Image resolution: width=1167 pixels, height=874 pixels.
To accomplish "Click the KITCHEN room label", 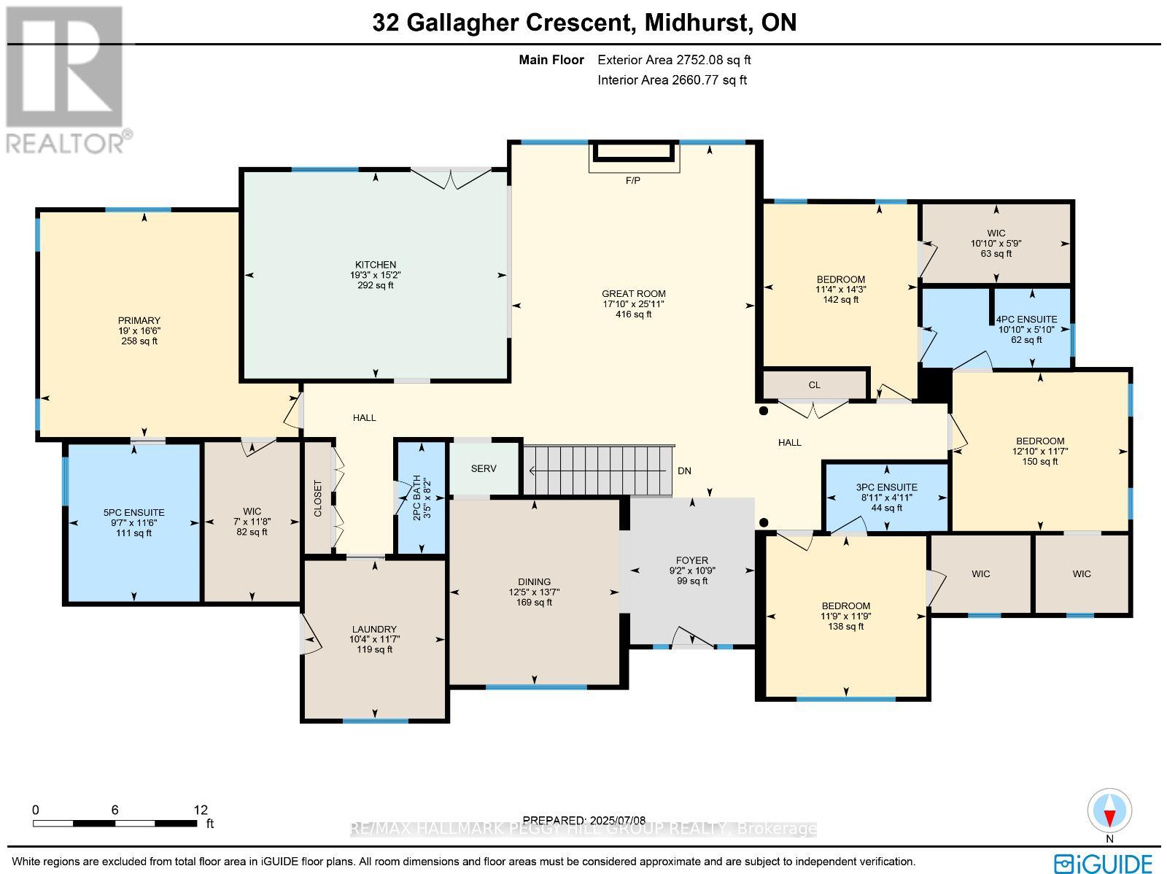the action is (376, 265).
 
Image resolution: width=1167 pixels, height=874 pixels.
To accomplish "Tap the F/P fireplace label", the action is (632, 181).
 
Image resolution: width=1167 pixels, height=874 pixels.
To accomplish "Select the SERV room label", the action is (484, 468).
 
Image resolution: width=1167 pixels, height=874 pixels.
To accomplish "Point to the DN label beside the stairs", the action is (684, 471).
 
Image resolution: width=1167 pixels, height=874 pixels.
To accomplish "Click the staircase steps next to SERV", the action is (599, 471).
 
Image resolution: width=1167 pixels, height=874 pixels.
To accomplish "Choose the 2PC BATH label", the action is (416, 498).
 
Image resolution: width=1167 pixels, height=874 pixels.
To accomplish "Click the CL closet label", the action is (815, 385).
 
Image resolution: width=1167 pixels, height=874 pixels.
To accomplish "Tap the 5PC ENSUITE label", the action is (134, 512).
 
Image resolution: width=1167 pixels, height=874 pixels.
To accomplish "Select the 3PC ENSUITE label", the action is (886, 487).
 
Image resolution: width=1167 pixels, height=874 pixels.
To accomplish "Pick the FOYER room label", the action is (691, 560).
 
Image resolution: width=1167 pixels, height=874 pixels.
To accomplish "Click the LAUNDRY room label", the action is (374, 629).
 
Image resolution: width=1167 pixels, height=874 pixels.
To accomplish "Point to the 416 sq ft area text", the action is (634, 314).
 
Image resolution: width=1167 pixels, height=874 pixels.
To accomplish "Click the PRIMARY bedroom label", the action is (139, 320).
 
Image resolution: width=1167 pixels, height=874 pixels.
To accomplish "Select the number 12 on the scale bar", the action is (201, 810).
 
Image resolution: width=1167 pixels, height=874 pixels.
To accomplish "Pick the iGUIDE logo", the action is (1104, 863).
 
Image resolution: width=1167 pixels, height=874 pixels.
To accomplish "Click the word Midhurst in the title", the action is (698, 23).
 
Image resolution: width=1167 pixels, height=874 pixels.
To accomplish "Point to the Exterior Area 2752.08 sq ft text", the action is (674, 60).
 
